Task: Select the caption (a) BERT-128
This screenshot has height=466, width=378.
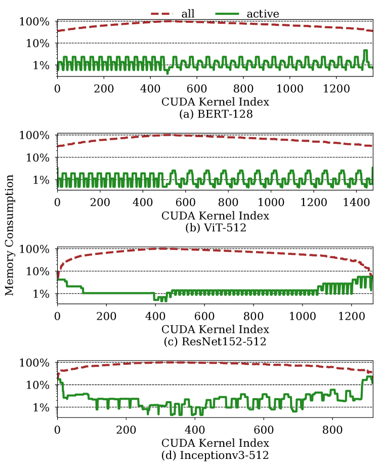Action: point(215,114)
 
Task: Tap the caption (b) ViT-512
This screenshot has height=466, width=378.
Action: point(215,228)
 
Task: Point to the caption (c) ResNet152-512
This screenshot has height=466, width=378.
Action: point(215,342)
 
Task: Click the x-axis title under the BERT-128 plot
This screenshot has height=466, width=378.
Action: point(215,102)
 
